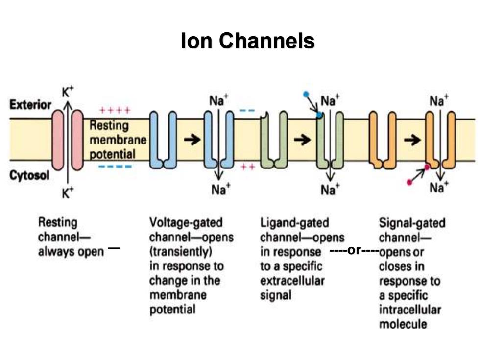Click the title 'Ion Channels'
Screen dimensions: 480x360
click(x=248, y=40)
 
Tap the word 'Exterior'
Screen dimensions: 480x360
click(x=30, y=105)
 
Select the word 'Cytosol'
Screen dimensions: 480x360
click(x=29, y=175)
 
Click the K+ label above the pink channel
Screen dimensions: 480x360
click(x=68, y=92)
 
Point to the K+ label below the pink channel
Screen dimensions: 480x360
click(x=68, y=192)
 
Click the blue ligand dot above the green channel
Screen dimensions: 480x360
click(x=306, y=94)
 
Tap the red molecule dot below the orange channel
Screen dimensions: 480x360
click(x=409, y=182)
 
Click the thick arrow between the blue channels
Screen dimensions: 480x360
click(x=192, y=140)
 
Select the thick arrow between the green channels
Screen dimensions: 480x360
click(x=302, y=140)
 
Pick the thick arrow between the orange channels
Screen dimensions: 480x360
click(x=412, y=140)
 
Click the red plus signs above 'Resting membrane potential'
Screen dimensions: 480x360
click(x=115, y=110)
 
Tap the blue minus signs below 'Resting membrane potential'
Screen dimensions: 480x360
click(x=115, y=167)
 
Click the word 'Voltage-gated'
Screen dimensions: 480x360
click(x=186, y=223)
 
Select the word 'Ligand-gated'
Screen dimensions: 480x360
click(x=294, y=223)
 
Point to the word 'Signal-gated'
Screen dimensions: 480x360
click(x=412, y=223)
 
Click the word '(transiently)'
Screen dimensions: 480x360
click(x=181, y=252)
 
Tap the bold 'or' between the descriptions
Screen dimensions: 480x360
click(x=355, y=250)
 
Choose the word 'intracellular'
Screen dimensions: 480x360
click(x=410, y=310)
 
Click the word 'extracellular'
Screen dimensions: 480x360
click(x=292, y=280)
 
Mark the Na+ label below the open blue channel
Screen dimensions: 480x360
click(x=221, y=189)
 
